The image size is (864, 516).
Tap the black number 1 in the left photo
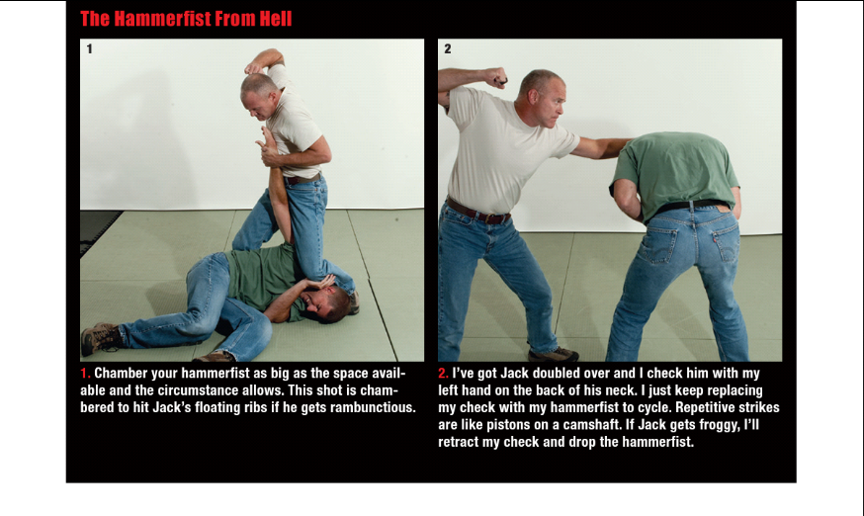(89, 49)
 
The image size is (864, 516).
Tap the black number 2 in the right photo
(448, 49)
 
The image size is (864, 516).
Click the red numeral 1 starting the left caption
(85, 374)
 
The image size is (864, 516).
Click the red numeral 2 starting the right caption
(443, 374)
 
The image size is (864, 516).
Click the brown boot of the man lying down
(99, 338)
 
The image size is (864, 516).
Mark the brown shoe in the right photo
(554, 353)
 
